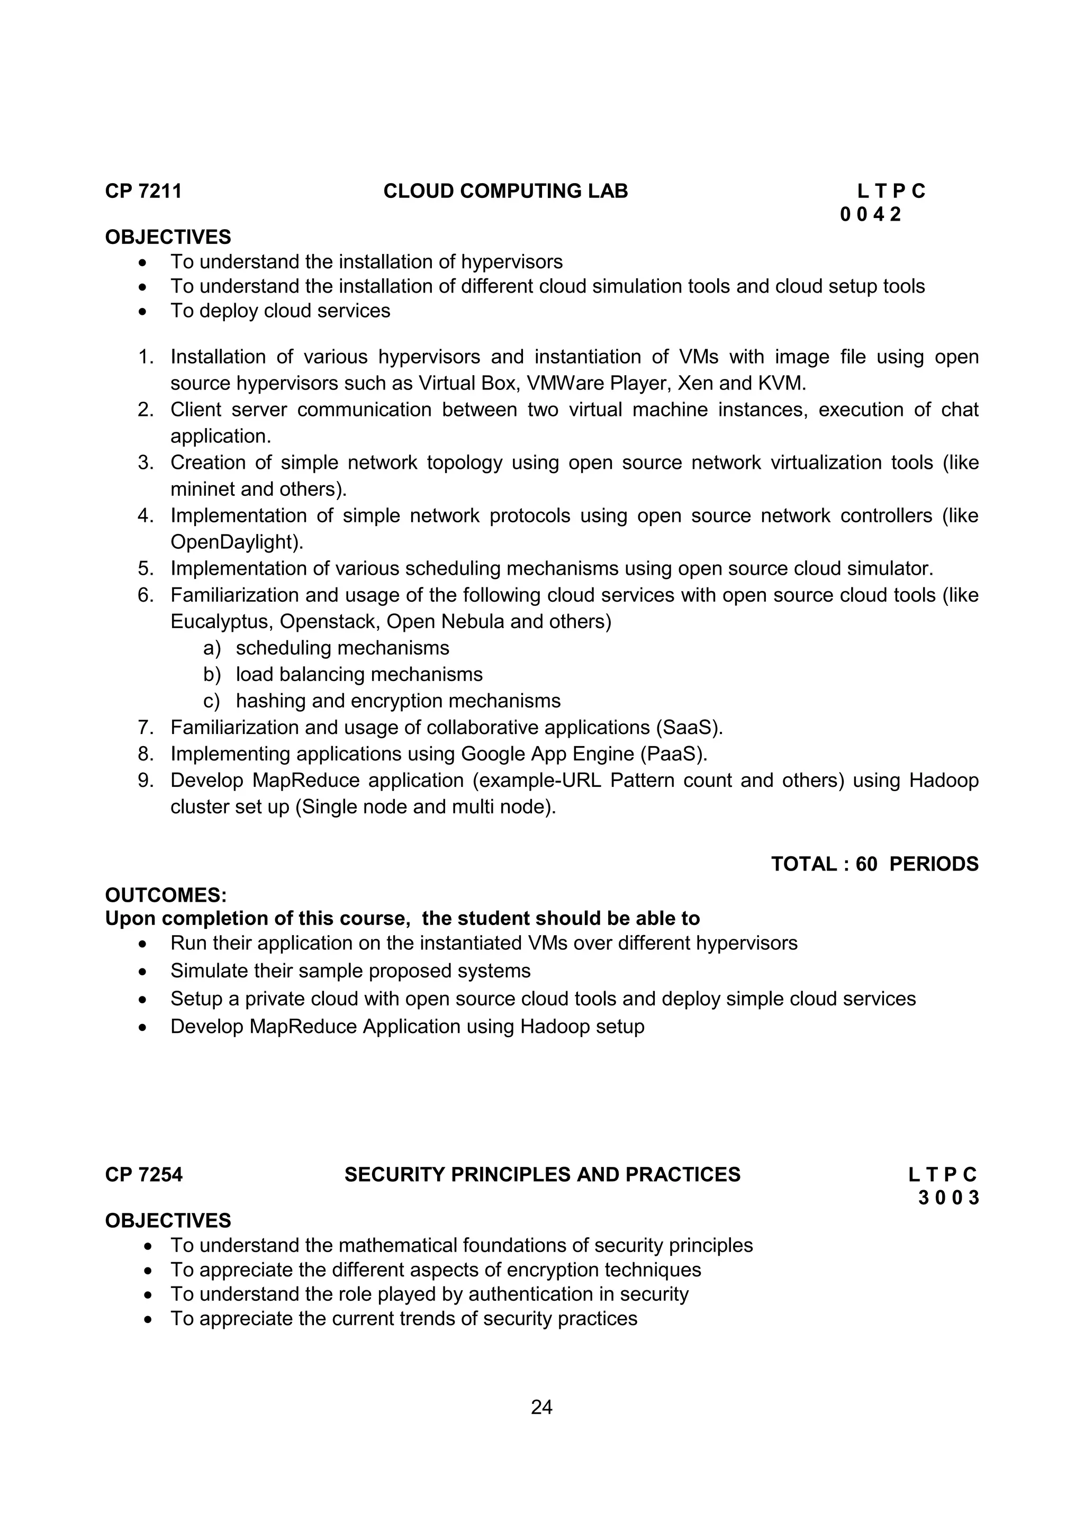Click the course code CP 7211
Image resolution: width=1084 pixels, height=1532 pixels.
coord(143,192)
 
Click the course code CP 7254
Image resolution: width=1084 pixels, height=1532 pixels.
coord(143,1174)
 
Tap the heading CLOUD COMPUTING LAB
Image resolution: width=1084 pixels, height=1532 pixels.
coord(505,192)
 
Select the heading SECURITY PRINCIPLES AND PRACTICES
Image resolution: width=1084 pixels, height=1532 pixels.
coord(542,1174)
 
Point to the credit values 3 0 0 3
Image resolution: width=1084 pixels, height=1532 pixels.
coord(948,1198)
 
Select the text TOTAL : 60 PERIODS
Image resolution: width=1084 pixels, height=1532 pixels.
coord(874,864)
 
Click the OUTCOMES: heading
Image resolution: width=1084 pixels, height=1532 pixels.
coord(166,895)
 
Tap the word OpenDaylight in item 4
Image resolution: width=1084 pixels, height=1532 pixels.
coord(235,542)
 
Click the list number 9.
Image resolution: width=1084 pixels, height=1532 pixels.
coord(146,781)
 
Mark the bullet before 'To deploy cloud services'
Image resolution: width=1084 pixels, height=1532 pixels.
coord(142,312)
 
